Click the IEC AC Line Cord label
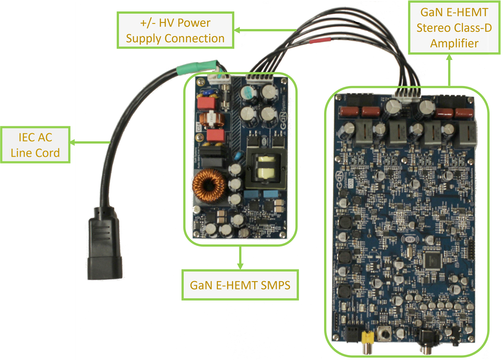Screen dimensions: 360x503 click(x=35, y=145)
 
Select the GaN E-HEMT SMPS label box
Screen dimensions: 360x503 click(x=240, y=285)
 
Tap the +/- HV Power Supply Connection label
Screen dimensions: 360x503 click(x=175, y=30)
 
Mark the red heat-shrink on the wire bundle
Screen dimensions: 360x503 click(x=319, y=41)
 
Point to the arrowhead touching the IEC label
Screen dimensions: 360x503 click(x=72, y=143)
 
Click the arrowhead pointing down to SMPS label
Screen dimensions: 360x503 click(x=240, y=266)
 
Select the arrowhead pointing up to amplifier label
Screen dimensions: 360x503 click(x=449, y=58)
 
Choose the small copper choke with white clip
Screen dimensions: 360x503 click(x=212, y=121)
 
